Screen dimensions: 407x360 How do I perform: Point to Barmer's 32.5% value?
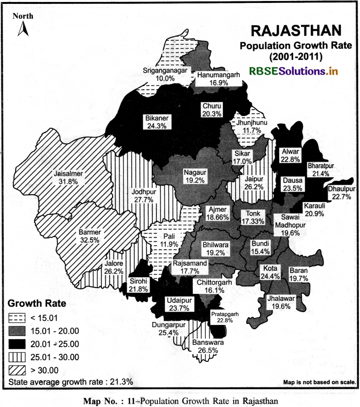90,240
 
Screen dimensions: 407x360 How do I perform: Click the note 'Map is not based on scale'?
320,382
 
